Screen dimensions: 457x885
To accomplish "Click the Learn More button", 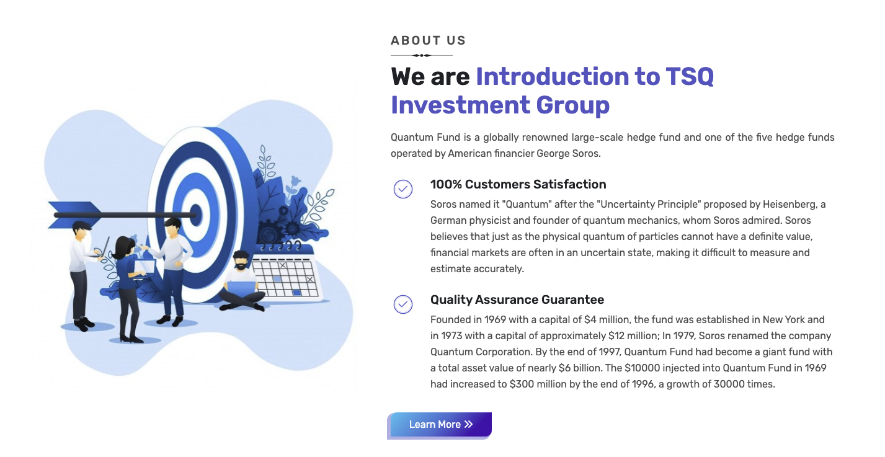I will click(439, 425).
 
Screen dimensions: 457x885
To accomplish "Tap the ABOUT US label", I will click(428, 41).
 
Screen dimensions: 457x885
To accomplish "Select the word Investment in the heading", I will click(460, 105).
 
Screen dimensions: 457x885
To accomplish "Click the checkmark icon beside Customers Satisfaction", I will click(403, 189).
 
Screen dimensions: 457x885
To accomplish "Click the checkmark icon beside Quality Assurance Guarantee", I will click(403, 304).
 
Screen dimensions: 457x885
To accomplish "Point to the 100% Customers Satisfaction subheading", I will click(518, 184).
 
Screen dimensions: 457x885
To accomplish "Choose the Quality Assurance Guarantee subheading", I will click(517, 300).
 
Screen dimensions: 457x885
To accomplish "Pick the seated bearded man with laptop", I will click(241, 283).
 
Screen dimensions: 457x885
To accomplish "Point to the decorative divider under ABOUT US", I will click(422, 56).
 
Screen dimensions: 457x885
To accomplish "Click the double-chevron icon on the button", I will click(469, 425).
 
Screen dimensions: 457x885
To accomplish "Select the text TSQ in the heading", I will click(690, 77).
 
